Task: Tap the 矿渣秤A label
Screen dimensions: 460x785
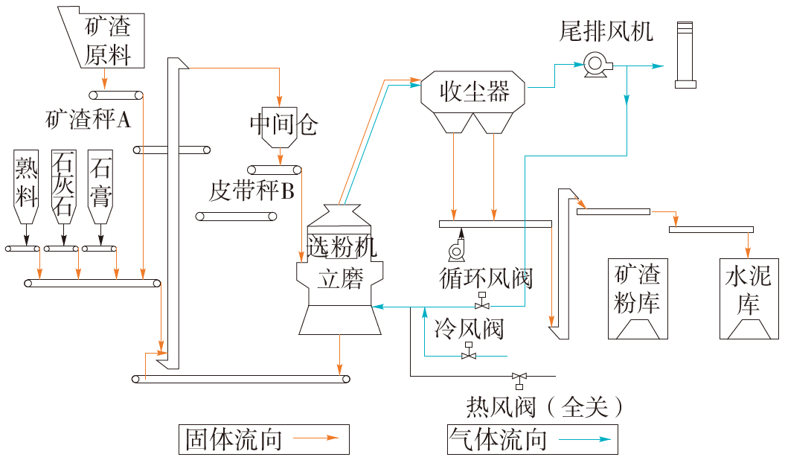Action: click(89, 119)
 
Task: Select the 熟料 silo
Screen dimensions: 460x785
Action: click(27, 186)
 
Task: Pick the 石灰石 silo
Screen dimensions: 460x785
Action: click(63, 186)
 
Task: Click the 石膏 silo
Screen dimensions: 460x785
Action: click(100, 186)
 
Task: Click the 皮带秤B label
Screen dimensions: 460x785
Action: click(251, 192)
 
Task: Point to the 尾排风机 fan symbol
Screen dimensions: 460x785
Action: click(597, 65)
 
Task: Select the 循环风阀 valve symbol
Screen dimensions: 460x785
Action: click(483, 304)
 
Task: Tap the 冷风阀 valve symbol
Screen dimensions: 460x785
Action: click(469, 355)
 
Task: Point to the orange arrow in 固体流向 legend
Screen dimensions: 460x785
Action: click(320, 439)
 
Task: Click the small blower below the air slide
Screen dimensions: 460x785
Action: click(456, 246)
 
